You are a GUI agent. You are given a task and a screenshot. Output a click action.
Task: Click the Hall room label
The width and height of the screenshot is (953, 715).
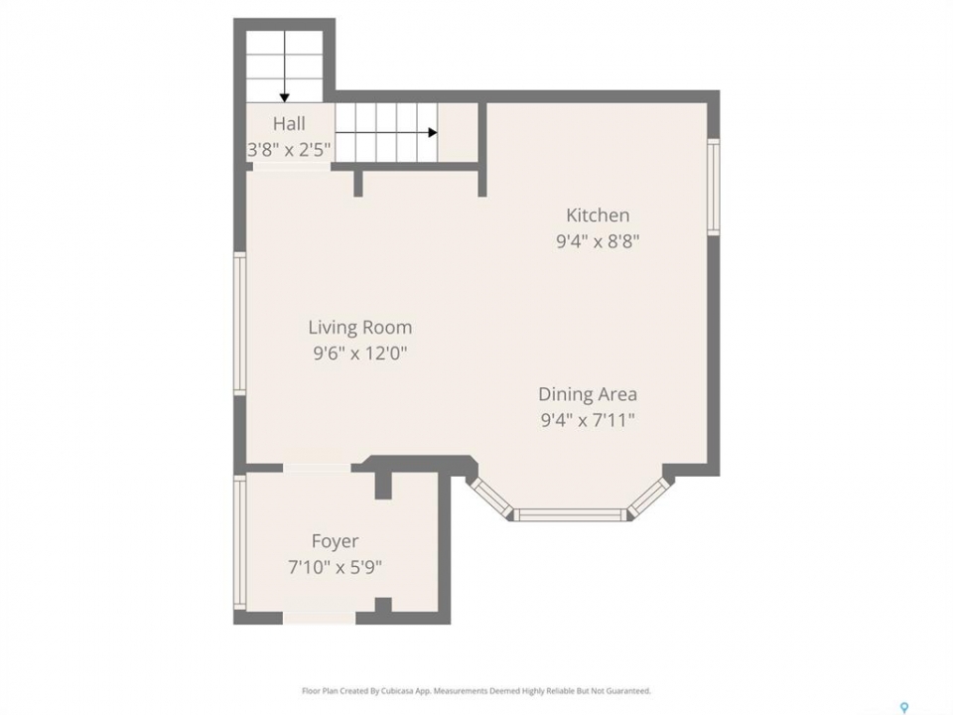[289, 123]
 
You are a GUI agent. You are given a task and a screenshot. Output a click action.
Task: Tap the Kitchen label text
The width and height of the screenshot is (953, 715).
[598, 215]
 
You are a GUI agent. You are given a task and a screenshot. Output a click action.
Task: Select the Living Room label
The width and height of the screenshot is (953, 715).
[359, 328]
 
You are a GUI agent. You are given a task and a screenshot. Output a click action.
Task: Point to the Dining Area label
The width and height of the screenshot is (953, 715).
[588, 394]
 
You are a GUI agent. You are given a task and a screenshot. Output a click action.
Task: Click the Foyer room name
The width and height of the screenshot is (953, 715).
[335, 541]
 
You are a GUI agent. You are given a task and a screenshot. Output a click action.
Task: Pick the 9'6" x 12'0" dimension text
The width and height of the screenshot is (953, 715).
[359, 354]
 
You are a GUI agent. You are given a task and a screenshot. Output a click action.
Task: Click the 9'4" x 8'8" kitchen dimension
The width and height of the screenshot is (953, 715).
[598, 241]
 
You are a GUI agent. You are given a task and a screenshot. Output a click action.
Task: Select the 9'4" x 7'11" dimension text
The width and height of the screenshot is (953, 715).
[588, 420]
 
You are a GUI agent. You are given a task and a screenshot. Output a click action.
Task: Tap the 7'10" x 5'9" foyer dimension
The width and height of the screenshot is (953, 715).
[335, 567]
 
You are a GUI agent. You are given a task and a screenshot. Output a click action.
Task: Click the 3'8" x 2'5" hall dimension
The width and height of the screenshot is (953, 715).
[289, 149]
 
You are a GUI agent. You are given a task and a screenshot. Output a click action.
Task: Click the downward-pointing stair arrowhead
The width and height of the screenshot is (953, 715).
[285, 98]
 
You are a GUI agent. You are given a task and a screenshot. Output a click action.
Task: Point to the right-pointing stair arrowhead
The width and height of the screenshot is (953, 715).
[433, 132]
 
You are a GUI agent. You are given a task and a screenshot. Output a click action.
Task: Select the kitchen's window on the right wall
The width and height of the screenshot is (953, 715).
[714, 187]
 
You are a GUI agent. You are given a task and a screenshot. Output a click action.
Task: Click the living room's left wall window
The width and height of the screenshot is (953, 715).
[240, 324]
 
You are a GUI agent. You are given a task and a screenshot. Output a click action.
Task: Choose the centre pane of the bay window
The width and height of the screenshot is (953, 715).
[570, 515]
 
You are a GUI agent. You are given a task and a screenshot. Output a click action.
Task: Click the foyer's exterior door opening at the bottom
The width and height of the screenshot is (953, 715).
[319, 618]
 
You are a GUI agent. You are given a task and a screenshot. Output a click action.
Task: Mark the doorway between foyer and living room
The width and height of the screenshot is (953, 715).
[317, 468]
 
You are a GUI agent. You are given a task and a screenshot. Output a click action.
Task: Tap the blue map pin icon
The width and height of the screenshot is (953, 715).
[904, 707]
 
